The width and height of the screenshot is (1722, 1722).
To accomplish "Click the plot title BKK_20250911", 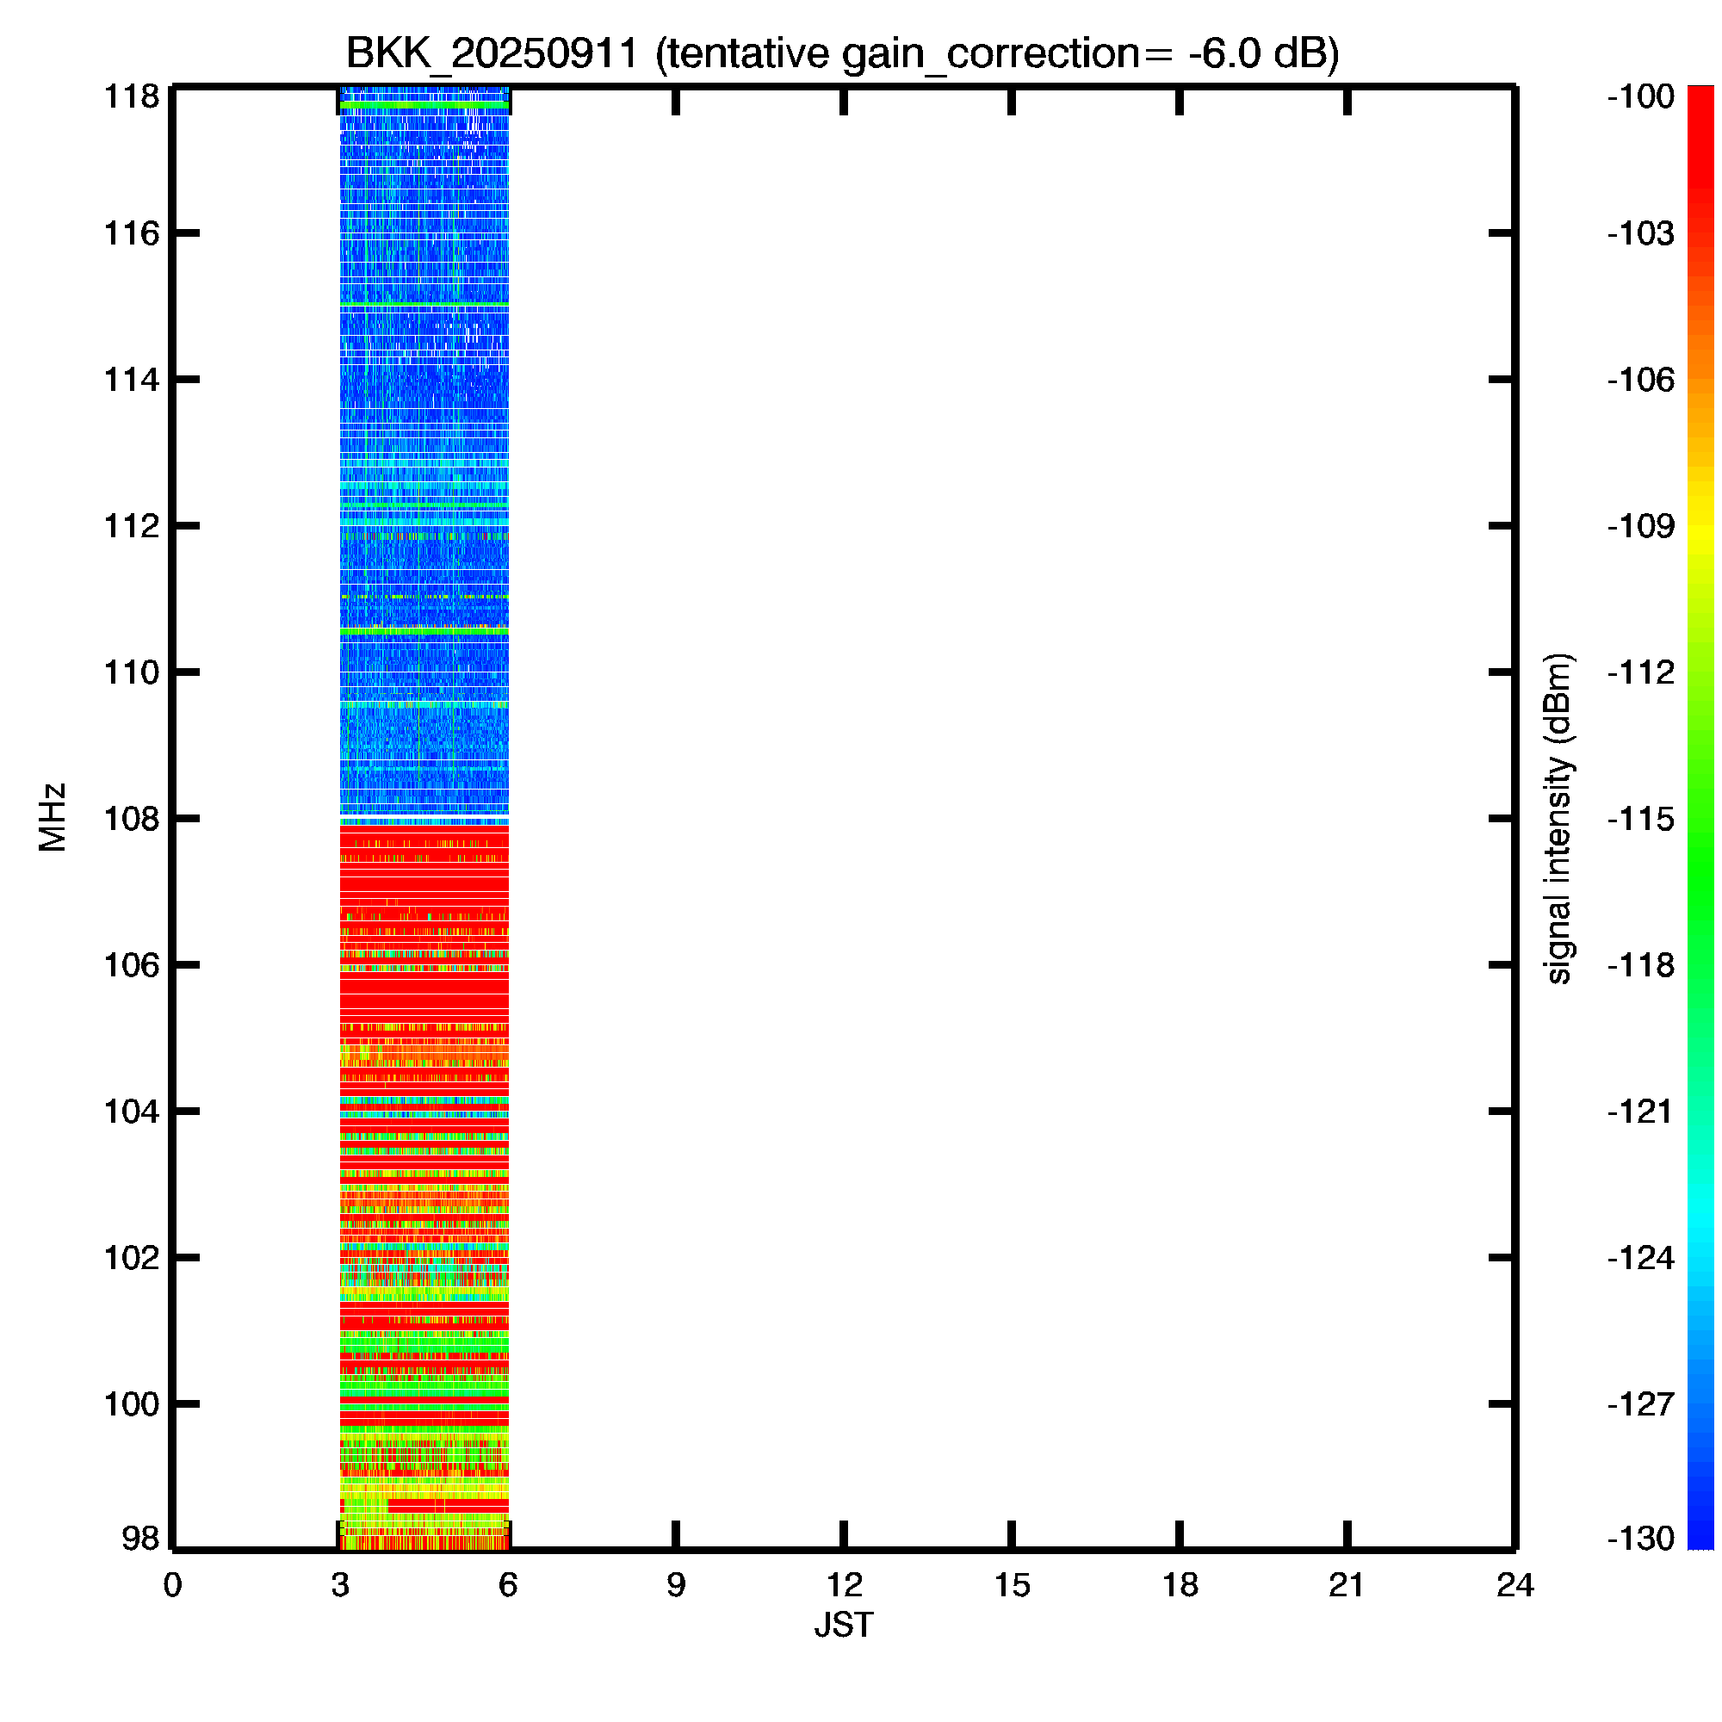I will tap(492, 53).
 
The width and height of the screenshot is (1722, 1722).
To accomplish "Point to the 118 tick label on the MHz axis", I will tap(132, 96).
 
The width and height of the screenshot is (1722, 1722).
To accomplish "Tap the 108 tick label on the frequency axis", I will tap(132, 818).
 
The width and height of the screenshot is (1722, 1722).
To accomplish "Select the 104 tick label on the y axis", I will tap(132, 1112).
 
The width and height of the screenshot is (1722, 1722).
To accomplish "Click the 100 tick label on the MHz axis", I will tap(132, 1403).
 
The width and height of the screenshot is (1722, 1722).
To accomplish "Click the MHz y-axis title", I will tap(53, 817).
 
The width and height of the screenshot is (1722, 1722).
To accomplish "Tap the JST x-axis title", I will tap(843, 1625).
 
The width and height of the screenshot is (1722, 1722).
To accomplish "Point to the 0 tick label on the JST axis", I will tap(172, 1585).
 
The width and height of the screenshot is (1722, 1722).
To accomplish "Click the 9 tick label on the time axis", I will tap(676, 1585).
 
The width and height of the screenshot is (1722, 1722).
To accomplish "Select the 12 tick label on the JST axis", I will tap(843, 1585).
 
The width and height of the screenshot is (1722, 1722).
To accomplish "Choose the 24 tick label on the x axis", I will tap(1514, 1585).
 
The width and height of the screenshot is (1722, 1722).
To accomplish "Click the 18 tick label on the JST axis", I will tap(1180, 1585).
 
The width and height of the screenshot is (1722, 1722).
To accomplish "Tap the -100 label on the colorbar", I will tap(1641, 96).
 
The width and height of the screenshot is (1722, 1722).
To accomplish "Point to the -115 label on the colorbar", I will tap(1641, 818).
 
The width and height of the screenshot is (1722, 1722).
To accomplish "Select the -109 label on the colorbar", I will tap(1641, 526).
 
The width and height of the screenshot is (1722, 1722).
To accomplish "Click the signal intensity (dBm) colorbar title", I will tap(1558, 818).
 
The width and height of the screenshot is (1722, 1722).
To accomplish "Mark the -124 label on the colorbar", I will tap(1641, 1258).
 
